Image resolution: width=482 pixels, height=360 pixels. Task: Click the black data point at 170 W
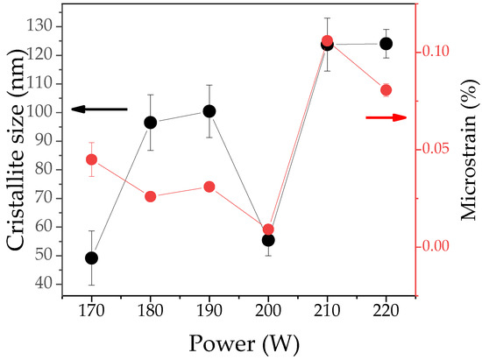click(x=91, y=258)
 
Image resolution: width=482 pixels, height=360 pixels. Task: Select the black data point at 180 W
click(x=150, y=123)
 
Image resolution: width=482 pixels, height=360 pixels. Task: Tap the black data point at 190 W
click(x=209, y=111)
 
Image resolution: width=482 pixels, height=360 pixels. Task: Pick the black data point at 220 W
click(x=386, y=44)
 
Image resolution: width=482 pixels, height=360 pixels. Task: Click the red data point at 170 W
click(x=91, y=159)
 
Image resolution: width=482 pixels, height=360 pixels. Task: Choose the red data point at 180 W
click(x=150, y=196)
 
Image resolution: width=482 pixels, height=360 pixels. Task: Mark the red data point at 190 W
click(x=209, y=187)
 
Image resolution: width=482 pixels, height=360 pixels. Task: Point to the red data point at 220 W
click(x=386, y=90)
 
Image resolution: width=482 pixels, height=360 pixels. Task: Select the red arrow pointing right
click(x=386, y=116)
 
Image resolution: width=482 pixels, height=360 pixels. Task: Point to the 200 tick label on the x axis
click(x=268, y=309)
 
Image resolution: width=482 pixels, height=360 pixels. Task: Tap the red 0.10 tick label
click(x=440, y=51)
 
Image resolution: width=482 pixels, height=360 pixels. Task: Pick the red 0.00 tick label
click(x=440, y=246)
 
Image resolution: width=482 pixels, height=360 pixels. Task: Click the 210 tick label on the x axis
click(x=327, y=309)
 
